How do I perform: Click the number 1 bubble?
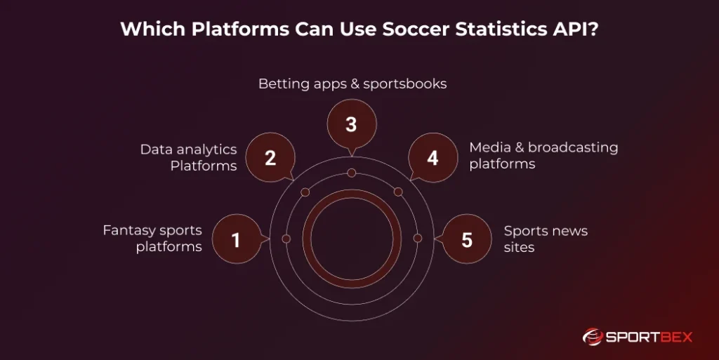click(x=236, y=240)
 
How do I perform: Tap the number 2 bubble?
click(x=270, y=158)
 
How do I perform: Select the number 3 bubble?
click(x=351, y=125)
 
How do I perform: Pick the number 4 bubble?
click(x=433, y=158)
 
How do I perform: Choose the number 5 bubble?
click(x=467, y=240)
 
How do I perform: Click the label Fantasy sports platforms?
click(x=152, y=239)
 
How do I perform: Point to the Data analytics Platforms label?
click(x=188, y=157)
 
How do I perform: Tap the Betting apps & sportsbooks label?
click(x=352, y=84)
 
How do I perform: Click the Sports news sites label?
click(x=546, y=239)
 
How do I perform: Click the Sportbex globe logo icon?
click(x=594, y=337)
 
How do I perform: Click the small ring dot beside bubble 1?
click(x=286, y=239)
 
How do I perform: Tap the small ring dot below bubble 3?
click(x=351, y=173)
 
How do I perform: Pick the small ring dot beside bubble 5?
click(x=418, y=239)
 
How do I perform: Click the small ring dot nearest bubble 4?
click(x=398, y=192)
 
